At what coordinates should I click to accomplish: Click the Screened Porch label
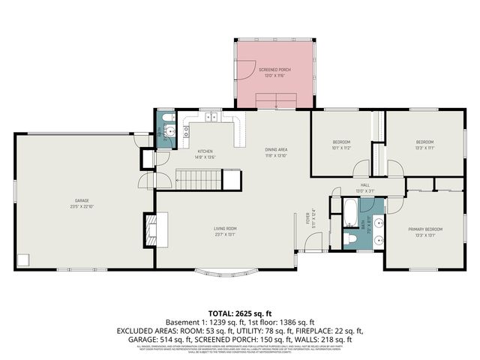pos(274,72)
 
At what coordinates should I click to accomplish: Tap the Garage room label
pos(82,203)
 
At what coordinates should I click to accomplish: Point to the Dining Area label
pos(277,152)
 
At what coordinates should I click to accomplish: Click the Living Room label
pos(226,231)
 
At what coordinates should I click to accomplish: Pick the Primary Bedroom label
pos(425,231)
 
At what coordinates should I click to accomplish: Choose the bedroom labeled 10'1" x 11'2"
pos(341,144)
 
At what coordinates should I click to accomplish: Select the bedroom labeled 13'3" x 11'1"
pos(425,144)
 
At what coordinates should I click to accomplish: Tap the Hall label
pos(365,187)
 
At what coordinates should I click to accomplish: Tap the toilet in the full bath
pos(350,239)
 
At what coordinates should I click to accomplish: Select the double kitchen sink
pos(213,117)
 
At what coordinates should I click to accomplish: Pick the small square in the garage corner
pos(23,260)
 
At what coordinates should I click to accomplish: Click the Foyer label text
pos(307,218)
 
